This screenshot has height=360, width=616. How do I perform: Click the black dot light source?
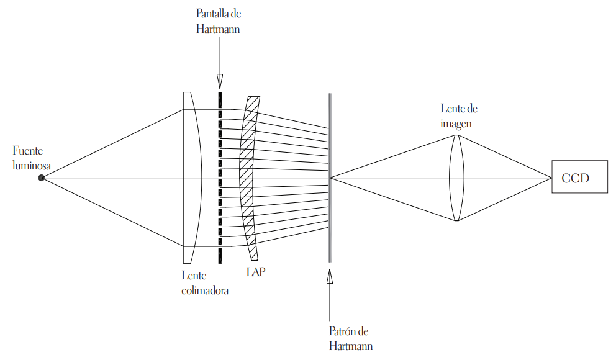42,178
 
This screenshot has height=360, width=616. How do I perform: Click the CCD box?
579,178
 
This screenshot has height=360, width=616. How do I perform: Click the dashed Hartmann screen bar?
219,178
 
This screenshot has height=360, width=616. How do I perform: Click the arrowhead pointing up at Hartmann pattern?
330,277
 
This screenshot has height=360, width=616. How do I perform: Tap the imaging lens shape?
456,178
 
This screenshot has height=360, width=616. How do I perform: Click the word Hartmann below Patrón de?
350,346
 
